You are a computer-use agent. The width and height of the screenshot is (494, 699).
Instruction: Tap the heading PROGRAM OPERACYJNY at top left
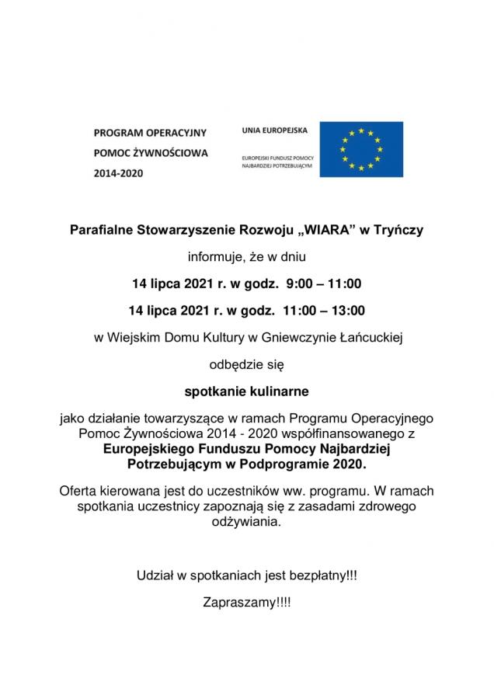145,134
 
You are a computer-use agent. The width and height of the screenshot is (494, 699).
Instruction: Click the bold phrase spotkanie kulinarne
246,389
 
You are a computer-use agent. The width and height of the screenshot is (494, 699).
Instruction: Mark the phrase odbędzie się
246,363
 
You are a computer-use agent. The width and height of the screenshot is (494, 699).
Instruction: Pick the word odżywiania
246,523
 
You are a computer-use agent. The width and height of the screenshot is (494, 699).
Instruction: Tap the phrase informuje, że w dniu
246,257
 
